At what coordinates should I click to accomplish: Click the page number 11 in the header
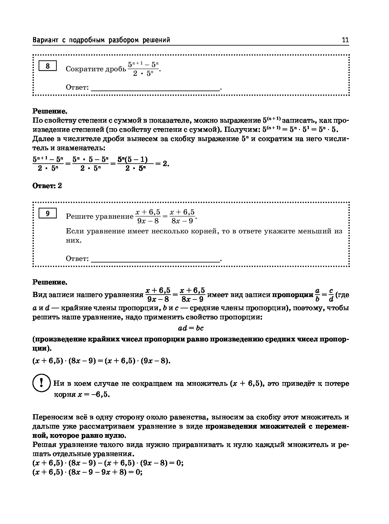coord(345,40)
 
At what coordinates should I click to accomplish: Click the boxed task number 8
coord(47,66)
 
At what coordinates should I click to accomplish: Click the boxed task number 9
coord(47,213)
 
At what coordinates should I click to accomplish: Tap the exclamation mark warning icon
coord(41,383)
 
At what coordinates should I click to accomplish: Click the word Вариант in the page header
coord(45,40)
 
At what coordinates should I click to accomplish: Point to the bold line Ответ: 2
coord(47,186)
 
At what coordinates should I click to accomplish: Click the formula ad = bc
coord(191,328)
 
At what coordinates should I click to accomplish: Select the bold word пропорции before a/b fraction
coord(293,295)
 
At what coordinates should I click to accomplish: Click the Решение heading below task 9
coord(50,282)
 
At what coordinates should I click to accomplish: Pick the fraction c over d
coord(331,295)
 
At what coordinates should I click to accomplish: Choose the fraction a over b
coord(317,295)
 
